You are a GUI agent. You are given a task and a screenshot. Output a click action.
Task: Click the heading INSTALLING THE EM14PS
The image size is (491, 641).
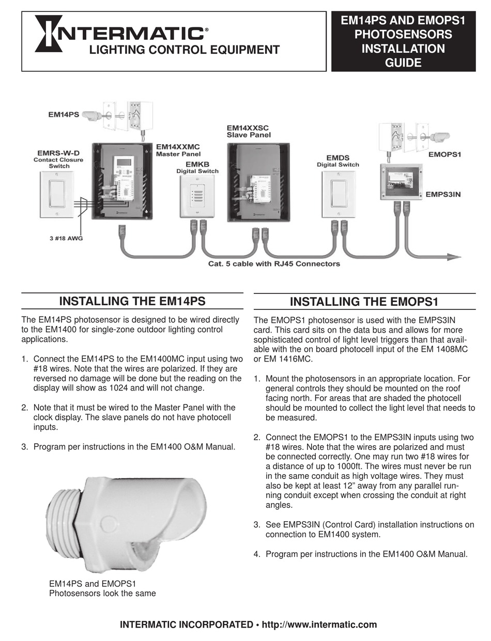132,301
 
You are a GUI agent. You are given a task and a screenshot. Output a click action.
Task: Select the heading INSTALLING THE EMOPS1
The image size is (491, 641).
364,302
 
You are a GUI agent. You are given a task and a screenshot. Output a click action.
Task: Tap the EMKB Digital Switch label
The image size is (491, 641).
190,168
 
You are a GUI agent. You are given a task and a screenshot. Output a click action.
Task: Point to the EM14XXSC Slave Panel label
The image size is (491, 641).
249,131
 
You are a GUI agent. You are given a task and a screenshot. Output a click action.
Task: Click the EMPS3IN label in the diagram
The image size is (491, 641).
443,194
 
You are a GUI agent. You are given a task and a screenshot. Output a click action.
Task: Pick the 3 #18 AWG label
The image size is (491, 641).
62,238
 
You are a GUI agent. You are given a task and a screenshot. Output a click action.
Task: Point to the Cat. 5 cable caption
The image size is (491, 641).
274,264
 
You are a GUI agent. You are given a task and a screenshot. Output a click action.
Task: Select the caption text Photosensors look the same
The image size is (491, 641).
102,593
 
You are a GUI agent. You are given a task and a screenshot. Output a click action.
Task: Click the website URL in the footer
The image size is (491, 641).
319,624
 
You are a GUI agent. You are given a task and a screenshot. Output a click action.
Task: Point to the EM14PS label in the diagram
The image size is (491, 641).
64,115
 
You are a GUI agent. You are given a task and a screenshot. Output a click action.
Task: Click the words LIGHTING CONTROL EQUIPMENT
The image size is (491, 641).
185,50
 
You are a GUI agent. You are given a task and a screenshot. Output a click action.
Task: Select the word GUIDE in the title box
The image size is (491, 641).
403,63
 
